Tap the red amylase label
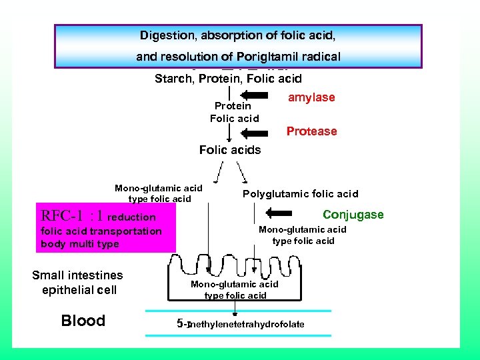pyautogui.click(x=311, y=97)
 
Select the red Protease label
pyautogui.click(x=311, y=131)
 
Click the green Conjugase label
pyautogui.click(x=353, y=214)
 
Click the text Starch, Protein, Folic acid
pyautogui.click(x=228, y=79)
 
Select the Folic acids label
pyautogui.click(x=230, y=150)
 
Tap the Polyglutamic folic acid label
pyautogui.click(x=300, y=194)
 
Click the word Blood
pyautogui.click(x=83, y=321)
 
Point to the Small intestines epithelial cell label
pyautogui.click(x=77, y=282)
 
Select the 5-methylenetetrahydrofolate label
pyautogui.click(x=241, y=324)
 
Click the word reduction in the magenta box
pyautogui.click(x=131, y=217)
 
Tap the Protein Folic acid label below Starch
pyautogui.click(x=233, y=112)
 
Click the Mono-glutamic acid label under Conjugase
pyautogui.click(x=303, y=235)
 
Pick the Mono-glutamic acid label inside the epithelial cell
pyautogui.click(x=235, y=289)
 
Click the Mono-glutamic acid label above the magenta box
pyautogui.click(x=159, y=193)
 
